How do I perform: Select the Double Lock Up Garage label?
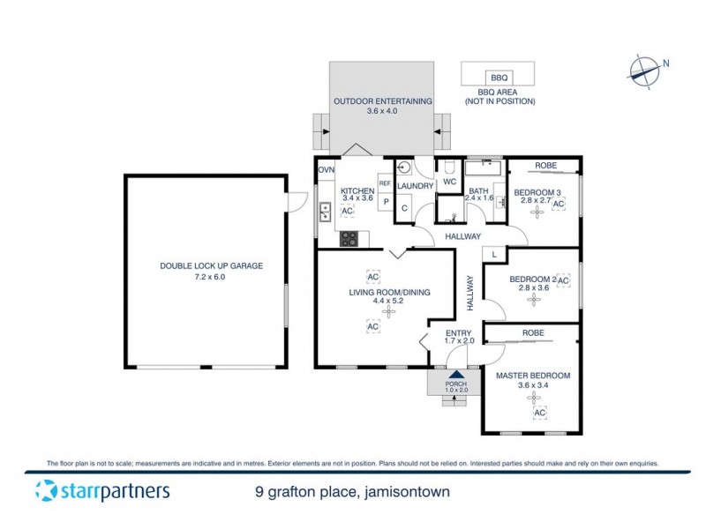click(205, 271)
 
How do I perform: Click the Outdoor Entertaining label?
click(382, 107)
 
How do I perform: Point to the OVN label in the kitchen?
click(327, 169)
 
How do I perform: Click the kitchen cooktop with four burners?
click(349, 237)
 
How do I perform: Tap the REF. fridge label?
click(385, 183)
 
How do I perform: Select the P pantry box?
click(386, 201)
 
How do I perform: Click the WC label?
click(448, 183)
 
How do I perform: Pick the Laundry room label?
click(415, 186)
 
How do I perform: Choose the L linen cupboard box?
click(494, 254)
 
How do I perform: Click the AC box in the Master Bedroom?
click(537, 413)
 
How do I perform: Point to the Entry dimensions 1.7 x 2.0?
click(460, 340)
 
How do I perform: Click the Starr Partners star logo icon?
click(48, 491)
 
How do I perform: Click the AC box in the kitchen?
click(347, 212)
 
